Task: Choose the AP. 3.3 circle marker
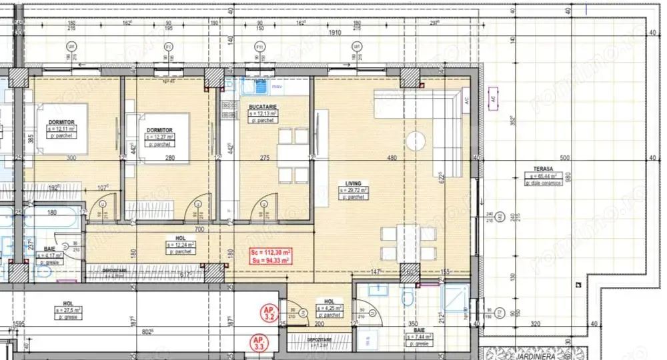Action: point(259,344)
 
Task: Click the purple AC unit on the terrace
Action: point(494,97)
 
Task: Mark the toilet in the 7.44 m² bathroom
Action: point(408,297)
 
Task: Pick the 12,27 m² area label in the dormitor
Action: point(159,137)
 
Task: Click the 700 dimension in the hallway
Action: point(199,229)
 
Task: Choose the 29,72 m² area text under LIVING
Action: point(352,190)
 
